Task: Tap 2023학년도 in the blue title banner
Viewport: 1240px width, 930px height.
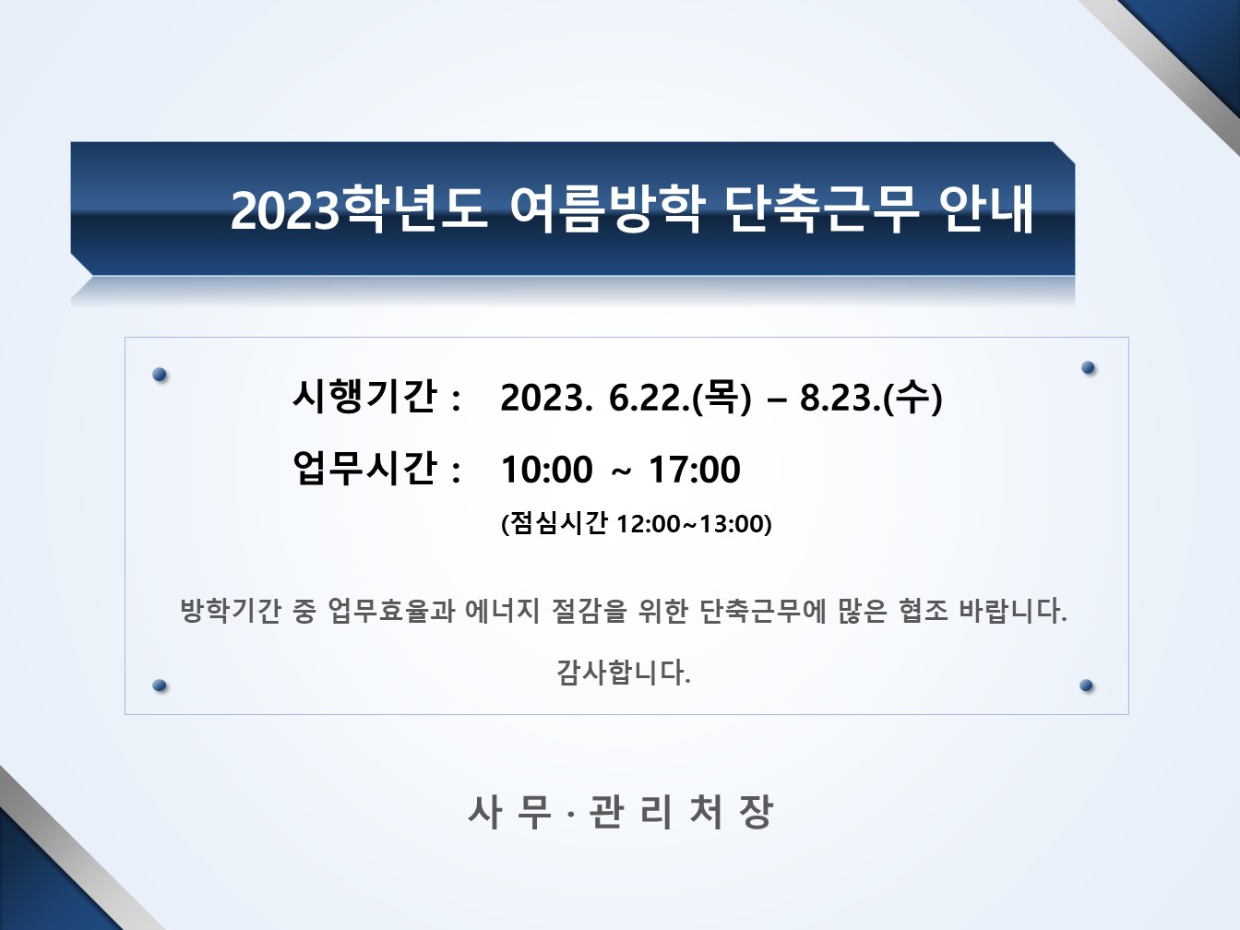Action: tap(359, 209)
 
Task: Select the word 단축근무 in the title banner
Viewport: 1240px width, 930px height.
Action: tap(822, 209)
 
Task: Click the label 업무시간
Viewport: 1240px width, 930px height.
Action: tap(364, 468)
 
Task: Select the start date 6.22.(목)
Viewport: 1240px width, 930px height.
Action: tap(680, 397)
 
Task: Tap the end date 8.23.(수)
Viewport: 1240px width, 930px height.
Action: tap(871, 397)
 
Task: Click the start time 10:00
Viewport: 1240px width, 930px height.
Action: tap(547, 470)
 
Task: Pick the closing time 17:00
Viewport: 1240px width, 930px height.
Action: tap(695, 470)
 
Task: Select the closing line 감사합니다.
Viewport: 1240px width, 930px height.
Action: tap(624, 672)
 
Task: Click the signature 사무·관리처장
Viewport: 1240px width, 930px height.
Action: tap(620, 812)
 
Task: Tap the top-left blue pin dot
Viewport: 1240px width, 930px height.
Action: tap(160, 375)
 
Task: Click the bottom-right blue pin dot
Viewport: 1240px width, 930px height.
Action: tap(1086, 686)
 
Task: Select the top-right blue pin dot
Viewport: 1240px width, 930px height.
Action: tap(1088, 368)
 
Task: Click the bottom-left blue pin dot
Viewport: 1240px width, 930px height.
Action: tap(160, 686)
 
